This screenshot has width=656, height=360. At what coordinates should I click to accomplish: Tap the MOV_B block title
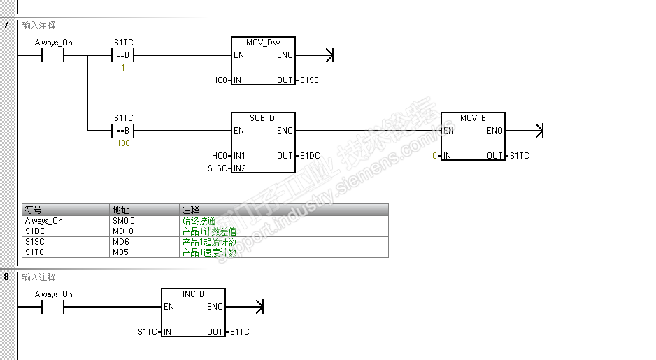(473, 118)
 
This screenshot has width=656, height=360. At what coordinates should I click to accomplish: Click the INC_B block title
(193, 294)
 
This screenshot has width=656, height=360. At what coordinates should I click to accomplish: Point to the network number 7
(6, 25)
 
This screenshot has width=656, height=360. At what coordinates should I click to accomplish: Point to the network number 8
(6, 277)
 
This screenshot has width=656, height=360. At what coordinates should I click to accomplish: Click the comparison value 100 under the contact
(123, 143)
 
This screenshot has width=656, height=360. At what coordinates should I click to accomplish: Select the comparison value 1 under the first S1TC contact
(123, 68)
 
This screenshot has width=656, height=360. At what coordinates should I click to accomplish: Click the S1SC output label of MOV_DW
(309, 80)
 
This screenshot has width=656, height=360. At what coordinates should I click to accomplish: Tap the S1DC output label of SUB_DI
(310, 156)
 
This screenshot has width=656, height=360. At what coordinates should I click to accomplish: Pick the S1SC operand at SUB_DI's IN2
(218, 168)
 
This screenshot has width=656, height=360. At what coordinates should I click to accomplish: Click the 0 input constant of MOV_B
(434, 156)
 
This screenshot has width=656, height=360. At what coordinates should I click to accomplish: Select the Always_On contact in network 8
(53, 307)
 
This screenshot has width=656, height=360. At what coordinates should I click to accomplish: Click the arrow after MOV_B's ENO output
(538, 131)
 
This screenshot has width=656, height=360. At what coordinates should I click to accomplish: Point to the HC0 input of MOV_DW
(220, 80)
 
